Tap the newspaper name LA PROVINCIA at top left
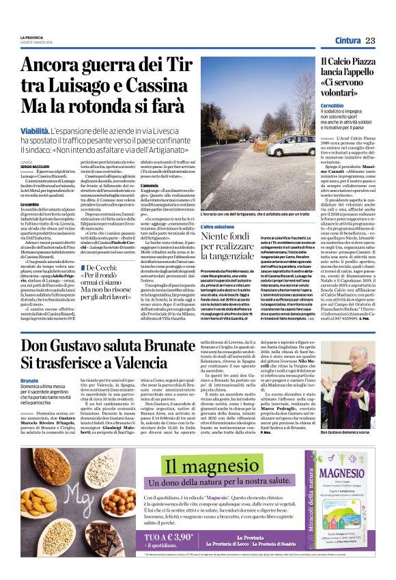(31, 36)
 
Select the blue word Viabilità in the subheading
(34, 110)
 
